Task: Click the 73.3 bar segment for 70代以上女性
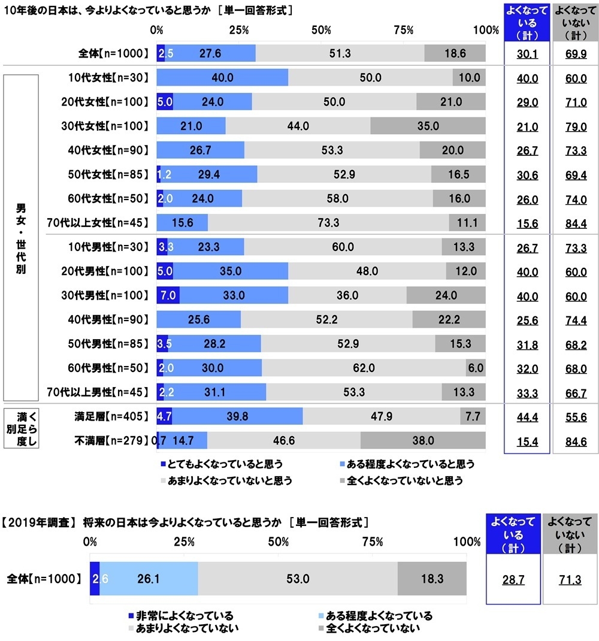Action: pos(329,223)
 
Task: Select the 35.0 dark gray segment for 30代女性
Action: pos(428,126)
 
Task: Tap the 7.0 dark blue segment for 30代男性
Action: pos(168,295)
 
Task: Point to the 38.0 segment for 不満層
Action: pos(423,440)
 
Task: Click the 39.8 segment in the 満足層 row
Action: pos(237,416)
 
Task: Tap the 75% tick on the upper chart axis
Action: pos(404,30)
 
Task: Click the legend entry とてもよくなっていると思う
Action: pos(221,464)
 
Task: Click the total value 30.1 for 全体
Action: pos(527,54)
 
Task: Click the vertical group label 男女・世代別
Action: pos(21,238)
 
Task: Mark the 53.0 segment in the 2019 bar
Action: pos(297,579)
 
